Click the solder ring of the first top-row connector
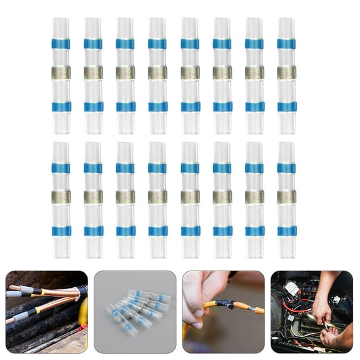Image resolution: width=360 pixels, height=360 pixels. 61,72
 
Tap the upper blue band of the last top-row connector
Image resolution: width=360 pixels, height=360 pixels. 286,44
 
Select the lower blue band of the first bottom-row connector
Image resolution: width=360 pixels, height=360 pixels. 61,231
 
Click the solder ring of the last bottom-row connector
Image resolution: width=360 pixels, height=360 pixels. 286,196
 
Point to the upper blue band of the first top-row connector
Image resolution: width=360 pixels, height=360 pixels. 61,44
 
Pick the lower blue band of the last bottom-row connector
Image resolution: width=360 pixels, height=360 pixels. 286,231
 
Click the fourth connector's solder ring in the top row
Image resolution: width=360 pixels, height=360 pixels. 157,72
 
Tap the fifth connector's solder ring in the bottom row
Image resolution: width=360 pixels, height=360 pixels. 190,196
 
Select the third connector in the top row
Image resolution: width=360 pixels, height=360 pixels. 125,75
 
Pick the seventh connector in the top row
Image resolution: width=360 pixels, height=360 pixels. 254,75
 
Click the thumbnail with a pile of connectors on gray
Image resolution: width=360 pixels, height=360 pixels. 135,312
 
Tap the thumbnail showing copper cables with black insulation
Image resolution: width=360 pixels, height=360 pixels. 46,312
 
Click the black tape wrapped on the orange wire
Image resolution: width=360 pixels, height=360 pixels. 224,304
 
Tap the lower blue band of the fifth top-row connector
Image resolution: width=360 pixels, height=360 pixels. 190,107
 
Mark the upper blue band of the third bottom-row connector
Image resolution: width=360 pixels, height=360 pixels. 125,168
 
